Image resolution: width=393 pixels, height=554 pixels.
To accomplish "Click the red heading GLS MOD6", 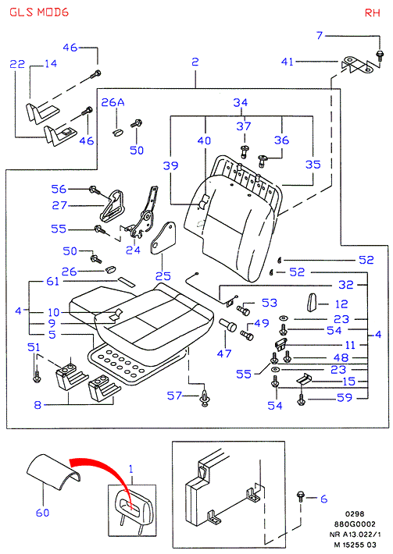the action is [39, 12].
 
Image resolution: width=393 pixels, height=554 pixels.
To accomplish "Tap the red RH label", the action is [372, 13].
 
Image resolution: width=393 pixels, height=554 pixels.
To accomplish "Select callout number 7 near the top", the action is [320, 35].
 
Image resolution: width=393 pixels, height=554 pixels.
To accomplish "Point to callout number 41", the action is [288, 62].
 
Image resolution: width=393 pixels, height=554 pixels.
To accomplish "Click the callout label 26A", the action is [113, 102].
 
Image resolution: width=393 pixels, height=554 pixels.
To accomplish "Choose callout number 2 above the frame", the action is [195, 62].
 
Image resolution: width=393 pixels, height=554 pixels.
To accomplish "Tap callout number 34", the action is [240, 102].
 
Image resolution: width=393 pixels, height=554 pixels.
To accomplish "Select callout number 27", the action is [59, 205].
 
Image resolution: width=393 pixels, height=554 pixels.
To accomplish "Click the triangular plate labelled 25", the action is [163, 239].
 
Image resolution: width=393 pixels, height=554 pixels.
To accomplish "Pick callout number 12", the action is [341, 304].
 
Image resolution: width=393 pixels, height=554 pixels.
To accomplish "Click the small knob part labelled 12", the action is [313, 303].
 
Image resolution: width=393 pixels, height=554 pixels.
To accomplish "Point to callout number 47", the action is [224, 353].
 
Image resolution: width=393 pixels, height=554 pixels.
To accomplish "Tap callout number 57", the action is [174, 396].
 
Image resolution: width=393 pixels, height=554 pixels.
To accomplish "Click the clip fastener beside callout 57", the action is [204, 398].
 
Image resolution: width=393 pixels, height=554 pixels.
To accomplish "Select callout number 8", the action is [38, 405].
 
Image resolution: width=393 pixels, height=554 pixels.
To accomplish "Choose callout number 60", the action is [42, 513].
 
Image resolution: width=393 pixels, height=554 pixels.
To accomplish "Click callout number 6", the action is [323, 499].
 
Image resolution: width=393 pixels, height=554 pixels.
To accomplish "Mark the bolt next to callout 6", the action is [301, 496].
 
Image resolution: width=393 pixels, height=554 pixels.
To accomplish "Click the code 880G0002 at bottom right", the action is [355, 524].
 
